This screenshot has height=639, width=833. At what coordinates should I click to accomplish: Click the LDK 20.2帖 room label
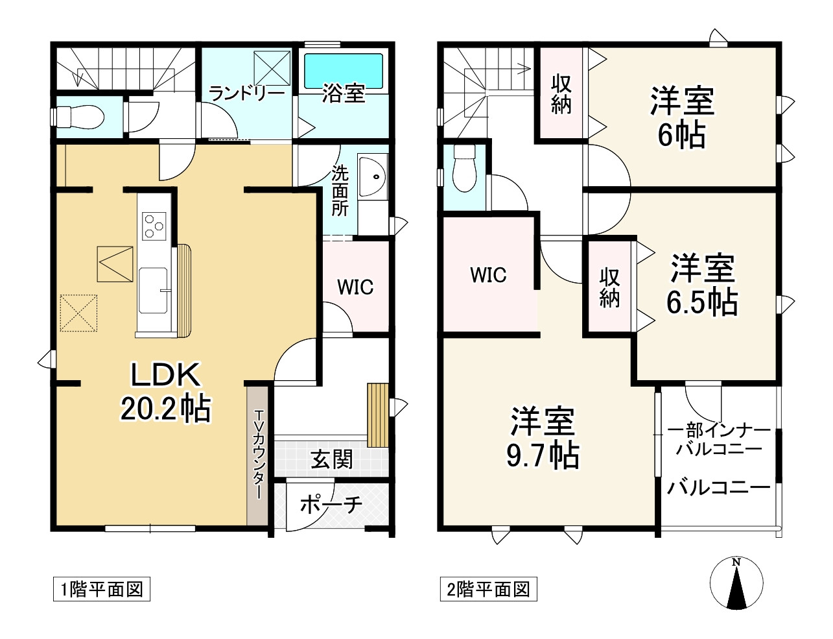tap(165, 392)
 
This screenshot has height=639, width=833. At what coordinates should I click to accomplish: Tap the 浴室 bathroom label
tap(344, 93)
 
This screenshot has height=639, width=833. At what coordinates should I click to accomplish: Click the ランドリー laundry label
tap(246, 93)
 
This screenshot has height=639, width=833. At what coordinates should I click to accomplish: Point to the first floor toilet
tap(80, 117)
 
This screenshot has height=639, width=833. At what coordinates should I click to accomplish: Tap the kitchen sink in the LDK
tap(154, 290)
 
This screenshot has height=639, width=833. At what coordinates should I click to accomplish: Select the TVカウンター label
tap(259, 454)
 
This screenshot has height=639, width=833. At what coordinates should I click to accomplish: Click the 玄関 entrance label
tap(332, 459)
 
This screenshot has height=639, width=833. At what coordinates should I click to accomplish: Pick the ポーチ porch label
tap(331, 504)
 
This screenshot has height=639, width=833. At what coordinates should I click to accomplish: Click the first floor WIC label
tap(355, 287)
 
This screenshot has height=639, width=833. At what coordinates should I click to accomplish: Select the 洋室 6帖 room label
tap(682, 118)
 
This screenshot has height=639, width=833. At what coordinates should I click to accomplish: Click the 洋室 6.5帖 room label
tap(702, 285)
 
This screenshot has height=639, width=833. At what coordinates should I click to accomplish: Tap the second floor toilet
tap(464, 169)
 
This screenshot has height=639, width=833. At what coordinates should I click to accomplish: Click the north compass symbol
tap(736, 583)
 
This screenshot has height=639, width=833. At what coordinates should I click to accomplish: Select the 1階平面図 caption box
tap(102, 589)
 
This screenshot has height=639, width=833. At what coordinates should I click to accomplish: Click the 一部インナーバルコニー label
tap(719, 439)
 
